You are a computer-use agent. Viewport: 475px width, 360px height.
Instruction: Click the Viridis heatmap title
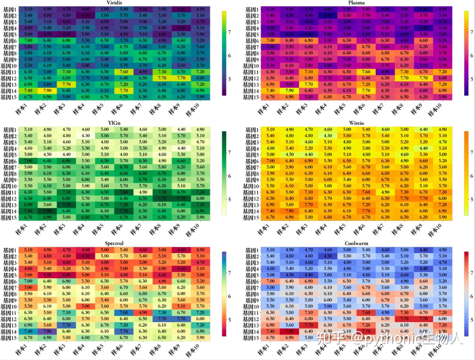click(x=114, y=3)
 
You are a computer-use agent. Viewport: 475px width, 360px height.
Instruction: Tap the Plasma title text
click(x=356, y=3)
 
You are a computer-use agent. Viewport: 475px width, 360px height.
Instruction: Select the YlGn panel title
click(x=114, y=123)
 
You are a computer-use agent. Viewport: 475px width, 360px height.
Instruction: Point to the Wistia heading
click(x=356, y=123)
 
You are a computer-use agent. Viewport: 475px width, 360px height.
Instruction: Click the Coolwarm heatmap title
click(x=356, y=243)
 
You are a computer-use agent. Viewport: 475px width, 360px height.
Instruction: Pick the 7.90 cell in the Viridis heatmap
click(x=47, y=91)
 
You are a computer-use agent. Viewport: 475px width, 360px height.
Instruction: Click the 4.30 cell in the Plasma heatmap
click(x=328, y=15)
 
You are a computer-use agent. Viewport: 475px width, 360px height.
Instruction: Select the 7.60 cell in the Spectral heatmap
click(x=124, y=313)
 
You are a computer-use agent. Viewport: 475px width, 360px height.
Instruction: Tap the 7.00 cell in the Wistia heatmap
click(x=270, y=161)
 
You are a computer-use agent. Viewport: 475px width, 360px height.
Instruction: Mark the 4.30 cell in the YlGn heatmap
click(x=86, y=135)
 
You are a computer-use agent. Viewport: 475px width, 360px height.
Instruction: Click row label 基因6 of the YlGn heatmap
click(x=10, y=161)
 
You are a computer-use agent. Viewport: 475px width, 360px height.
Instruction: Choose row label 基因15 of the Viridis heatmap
click(x=9, y=97)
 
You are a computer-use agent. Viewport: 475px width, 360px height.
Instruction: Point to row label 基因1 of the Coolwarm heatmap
click(x=252, y=250)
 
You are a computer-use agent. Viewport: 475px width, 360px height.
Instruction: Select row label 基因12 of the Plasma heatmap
click(x=251, y=78)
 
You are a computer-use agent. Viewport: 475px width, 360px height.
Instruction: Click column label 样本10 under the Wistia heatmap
click(x=434, y=230)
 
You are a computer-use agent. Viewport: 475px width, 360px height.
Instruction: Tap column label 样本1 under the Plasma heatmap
click(x=263, y=109)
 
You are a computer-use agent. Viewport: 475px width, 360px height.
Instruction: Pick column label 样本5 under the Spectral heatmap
click(x=97, y=349)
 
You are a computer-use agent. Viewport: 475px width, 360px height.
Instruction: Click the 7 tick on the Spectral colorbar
click(x=229, y=273)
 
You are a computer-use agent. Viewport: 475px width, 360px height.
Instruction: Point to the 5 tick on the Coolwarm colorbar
click(x=472, y=320)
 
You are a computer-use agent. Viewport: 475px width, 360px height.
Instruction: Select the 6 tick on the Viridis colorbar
click(x=229, y=55)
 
